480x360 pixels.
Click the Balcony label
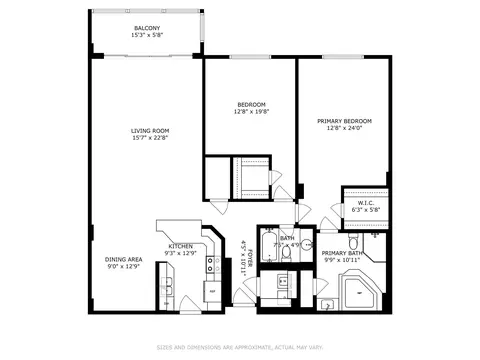[148, 28]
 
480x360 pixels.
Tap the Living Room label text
[148, 130]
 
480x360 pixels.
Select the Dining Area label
[124, 259]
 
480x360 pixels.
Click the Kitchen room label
[180, 246]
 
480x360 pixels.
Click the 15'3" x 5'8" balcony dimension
[148, 36]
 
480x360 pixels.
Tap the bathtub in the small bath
[270, 249]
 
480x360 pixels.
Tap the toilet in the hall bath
[286, 251]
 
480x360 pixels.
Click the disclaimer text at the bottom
[239, 348]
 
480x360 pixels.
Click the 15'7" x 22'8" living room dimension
[148, 138]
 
